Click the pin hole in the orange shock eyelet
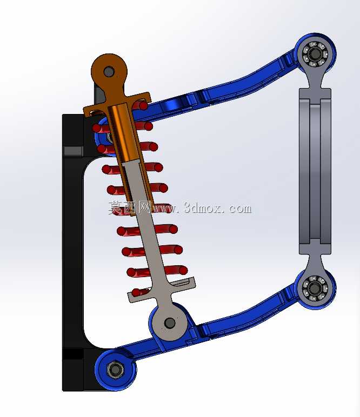click(x=109, y=71)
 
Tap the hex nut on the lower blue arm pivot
click(x=115, y=369)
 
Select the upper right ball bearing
click(x=315, y=54)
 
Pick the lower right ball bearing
click(x=315, y=288)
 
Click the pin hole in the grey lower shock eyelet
click(x=170, y=323)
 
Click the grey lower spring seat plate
click(x=162, y=290)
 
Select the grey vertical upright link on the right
click(x=315, y=170)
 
